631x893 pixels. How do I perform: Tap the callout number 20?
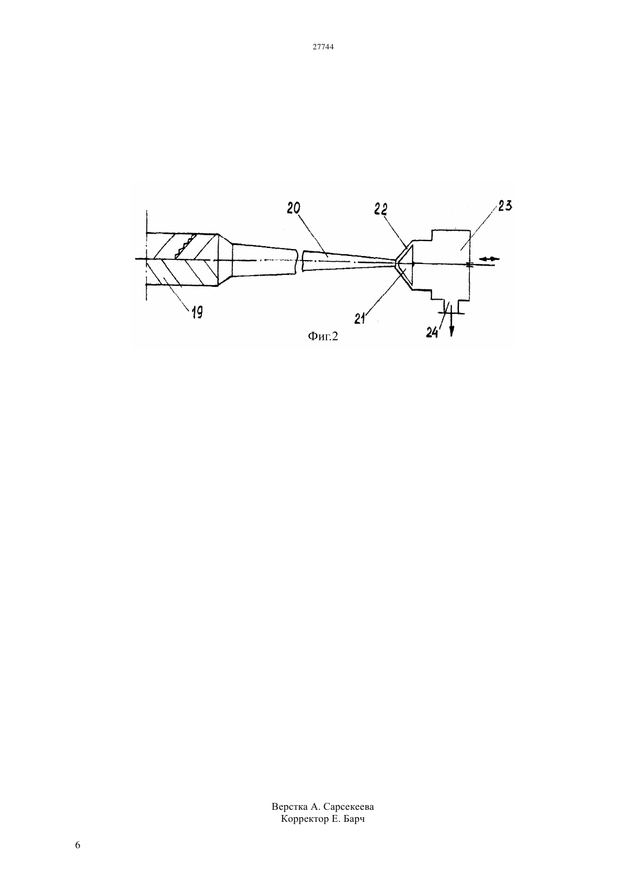point(294,208)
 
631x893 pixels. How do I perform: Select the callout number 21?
point(360,318)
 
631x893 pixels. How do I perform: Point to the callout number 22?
point(381,209)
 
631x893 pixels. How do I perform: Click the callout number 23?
point(504,206)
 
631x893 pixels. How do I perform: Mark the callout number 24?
point(432,332)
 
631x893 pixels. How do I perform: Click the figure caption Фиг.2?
point(322,336)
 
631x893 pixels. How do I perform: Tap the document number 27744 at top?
point(323,46)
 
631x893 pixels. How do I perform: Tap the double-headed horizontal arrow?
point(488,259)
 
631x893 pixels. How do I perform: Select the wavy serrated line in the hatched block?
point(185,246)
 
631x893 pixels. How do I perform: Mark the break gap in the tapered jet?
point(300,261)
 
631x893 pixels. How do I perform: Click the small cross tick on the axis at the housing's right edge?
point(470,263)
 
